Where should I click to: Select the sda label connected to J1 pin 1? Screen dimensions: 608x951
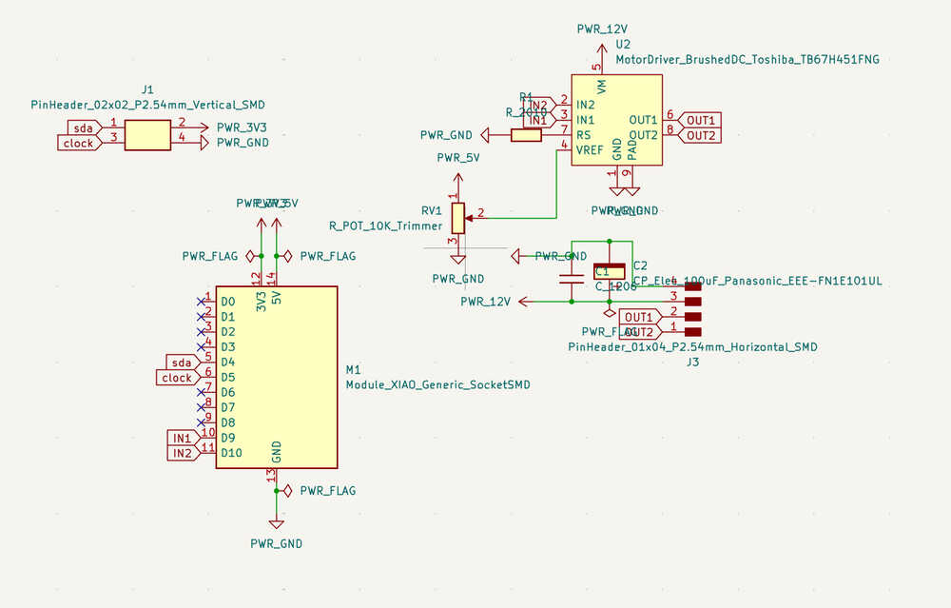pos(82,127)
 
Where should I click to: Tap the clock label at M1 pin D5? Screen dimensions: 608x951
pos(177,378)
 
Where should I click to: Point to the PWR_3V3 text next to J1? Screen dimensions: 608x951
pos(243,127)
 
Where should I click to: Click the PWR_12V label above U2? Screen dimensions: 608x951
pos(602,29)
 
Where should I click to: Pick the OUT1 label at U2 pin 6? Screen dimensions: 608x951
pos(701,120)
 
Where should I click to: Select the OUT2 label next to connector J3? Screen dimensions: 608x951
pos(638,331)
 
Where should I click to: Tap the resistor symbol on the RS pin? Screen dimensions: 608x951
pos(526,135)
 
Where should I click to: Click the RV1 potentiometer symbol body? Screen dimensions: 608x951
pos(458,218)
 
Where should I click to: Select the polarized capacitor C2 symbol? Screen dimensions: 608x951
pos(610,272)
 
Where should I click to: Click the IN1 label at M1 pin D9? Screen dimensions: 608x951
pos(181,438)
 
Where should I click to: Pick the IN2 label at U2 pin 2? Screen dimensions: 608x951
pos(537,105)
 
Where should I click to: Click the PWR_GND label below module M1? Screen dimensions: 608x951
pos(276,543)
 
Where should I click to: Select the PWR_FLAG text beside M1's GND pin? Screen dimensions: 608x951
pos(327,491)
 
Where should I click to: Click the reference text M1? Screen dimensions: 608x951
pos(354,369)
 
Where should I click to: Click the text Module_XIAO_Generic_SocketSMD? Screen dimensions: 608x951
pos(437,385)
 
